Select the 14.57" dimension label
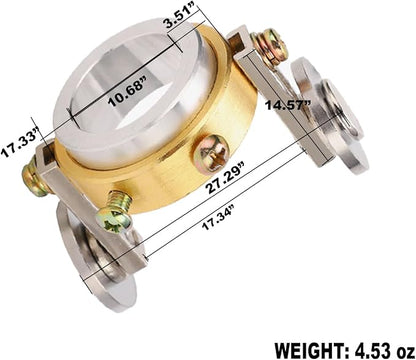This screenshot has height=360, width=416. click(x=288, y=105)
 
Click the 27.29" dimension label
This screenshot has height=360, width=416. click(x=226, y=177)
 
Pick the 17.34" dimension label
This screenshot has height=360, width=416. click(x=219, y=217)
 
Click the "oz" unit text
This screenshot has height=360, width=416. click(x=404, y=351)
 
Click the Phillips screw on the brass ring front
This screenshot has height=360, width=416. click(x=211, y=153)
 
